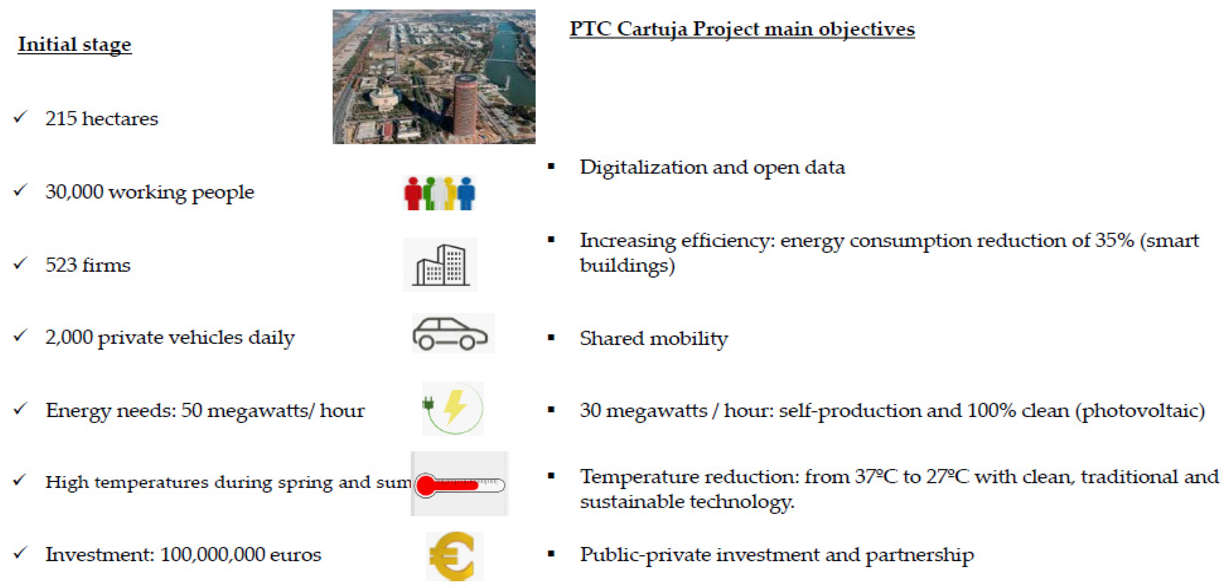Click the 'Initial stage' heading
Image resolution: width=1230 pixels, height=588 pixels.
[x=74, y=45]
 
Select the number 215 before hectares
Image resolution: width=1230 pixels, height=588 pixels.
[x=61, y=118]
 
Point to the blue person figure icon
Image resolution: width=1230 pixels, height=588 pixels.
[x=466, y=193]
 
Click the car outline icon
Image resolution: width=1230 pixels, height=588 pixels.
[x=450, y=333]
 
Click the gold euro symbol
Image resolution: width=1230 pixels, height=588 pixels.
[x=452, y=556]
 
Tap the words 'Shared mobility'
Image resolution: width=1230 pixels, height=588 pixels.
[x=654, y=339]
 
